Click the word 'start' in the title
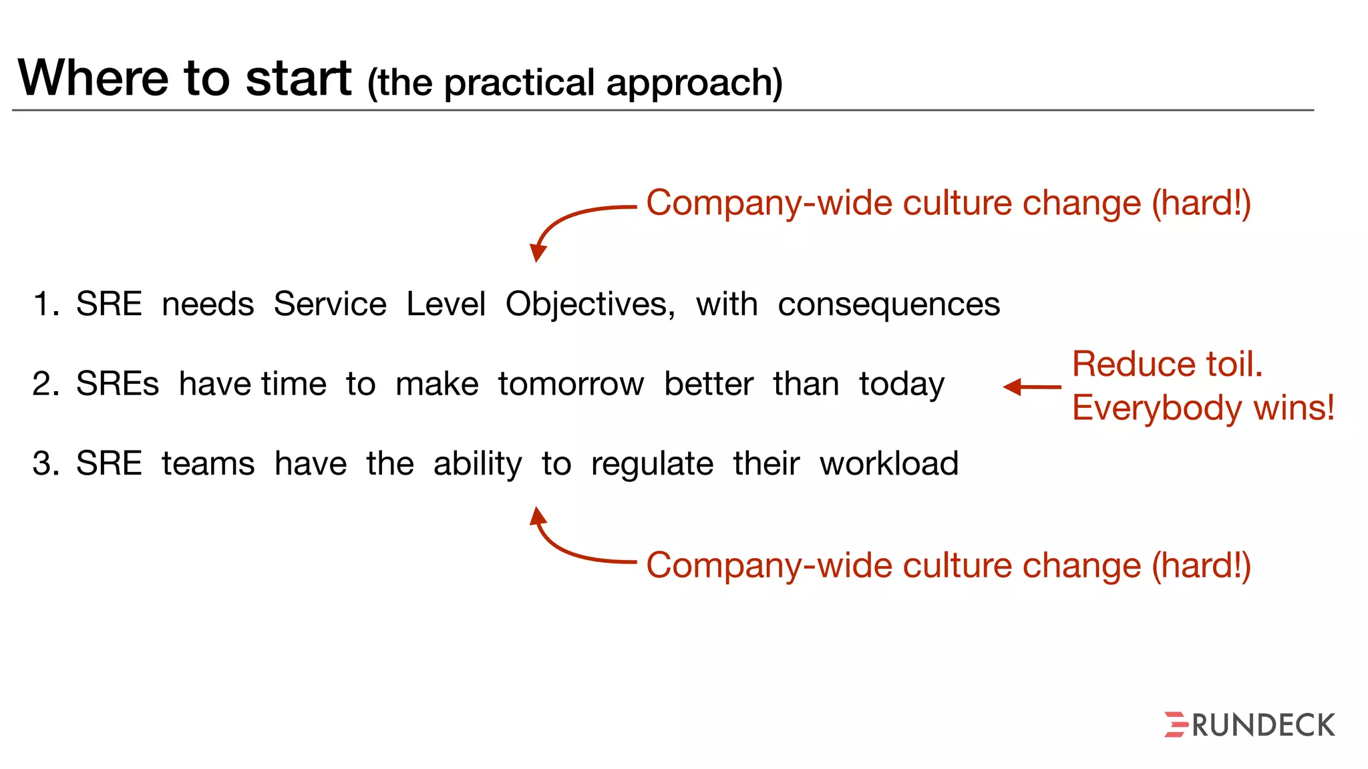[299, 78]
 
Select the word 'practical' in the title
[519, 83]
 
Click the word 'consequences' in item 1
[888, 305]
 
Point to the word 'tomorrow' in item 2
[571, 384]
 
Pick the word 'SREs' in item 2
[118, 384]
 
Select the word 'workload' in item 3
[889, 464]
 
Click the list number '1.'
[46, 305]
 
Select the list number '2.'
[46, 384]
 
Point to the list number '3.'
[46, 464]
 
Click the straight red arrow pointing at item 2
[1032, 387]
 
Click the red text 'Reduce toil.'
[1167, 364]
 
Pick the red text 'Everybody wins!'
[1203, 408]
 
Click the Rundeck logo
[1249, 725]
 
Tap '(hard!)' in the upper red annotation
[1201, 204]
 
